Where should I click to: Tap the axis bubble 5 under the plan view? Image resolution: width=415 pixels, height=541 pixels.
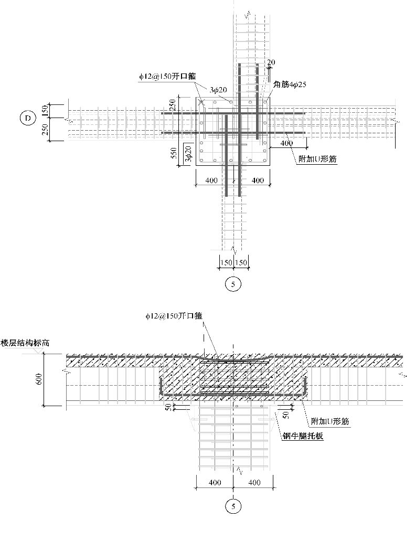pos(232,284)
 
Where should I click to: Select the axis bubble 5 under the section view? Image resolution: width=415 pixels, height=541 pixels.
pos(232,506)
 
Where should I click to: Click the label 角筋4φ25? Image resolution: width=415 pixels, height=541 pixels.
pos(289,83)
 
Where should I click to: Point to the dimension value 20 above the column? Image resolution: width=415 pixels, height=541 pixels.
pos(271,62)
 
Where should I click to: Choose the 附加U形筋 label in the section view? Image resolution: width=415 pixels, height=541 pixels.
pos(329,421)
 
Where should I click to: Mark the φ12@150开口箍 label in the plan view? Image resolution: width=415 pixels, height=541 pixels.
pos(167,76)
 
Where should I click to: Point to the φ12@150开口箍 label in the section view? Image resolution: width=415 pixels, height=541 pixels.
pos(174,316)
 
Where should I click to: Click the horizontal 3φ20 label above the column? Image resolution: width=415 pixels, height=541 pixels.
pos(218,90)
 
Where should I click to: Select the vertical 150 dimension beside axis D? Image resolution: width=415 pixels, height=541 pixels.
pos(46,111)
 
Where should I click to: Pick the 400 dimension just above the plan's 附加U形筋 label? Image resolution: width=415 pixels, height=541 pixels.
pos(286,143)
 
